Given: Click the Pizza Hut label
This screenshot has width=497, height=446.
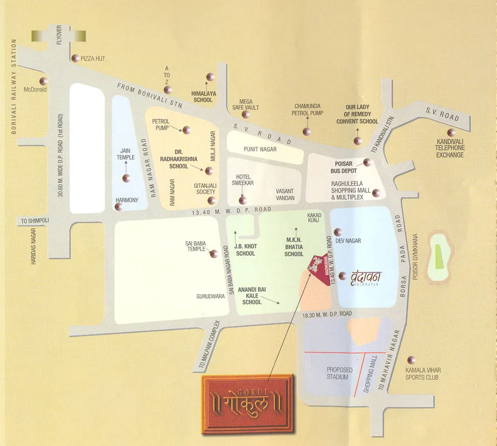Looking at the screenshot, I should tap(93, 59).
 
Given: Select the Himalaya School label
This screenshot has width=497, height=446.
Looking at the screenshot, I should tap(203, 97).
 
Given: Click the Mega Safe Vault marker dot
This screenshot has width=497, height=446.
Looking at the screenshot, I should tap(246, 114).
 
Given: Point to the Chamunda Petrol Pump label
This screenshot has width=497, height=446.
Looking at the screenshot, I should tap(308, 109).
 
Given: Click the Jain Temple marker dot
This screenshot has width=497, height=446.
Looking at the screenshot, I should tap(126, 178).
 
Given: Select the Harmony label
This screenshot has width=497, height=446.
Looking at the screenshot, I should tap(126, 200).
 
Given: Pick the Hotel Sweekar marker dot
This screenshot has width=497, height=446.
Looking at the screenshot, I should tap(241, 200).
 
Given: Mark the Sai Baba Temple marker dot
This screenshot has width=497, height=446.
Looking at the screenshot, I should tap(213, 253).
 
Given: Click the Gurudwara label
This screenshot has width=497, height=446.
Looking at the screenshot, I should tap(210, 296).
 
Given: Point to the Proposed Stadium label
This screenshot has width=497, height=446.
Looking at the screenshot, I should tap(337, 373).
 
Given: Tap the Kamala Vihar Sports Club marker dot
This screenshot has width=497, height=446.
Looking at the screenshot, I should tap(409, 359).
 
